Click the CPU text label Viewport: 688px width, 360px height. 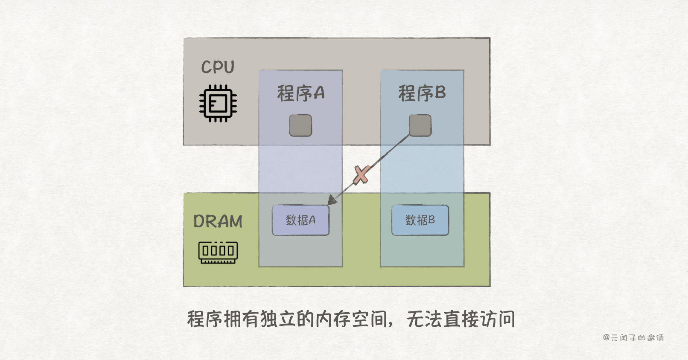(218, 67)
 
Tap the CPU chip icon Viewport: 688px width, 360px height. (218, 104)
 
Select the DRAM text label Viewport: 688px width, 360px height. (218, 221)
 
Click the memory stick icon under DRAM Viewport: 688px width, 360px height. (218, 252)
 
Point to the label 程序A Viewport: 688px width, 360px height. (301, 93)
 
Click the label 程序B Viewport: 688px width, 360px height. (422, 93)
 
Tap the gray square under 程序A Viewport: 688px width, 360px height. (300, 125)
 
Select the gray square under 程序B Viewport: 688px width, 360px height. (420, 125)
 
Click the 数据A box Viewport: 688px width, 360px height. (300, 220)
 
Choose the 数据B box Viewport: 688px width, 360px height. (420, 220)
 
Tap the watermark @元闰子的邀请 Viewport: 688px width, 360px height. (633, 338)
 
